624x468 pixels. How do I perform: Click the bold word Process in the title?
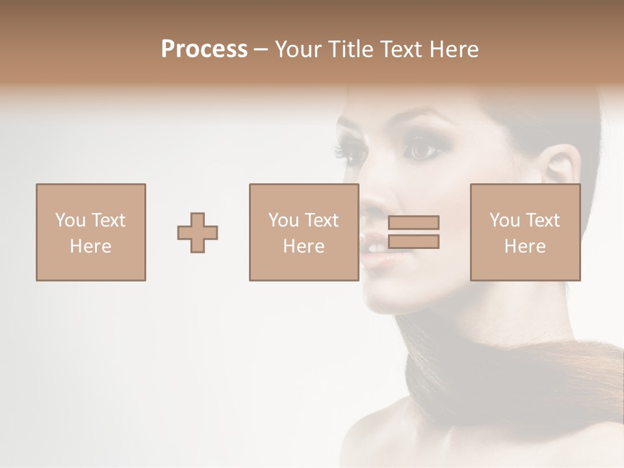[x=204, y=49]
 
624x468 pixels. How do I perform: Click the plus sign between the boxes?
[x=198, y=232]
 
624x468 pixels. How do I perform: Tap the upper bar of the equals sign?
[x=413, y=222]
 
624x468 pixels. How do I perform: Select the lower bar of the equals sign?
[x=413, y=242]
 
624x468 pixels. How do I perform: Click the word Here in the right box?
[x=525, y=246]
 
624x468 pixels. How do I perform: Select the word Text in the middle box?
[x=322, y=220]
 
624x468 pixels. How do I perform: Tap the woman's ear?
[x=563, y=169]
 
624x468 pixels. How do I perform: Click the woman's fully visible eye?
[x=419, y=150]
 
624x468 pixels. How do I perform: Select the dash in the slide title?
[x=261, y=50]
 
